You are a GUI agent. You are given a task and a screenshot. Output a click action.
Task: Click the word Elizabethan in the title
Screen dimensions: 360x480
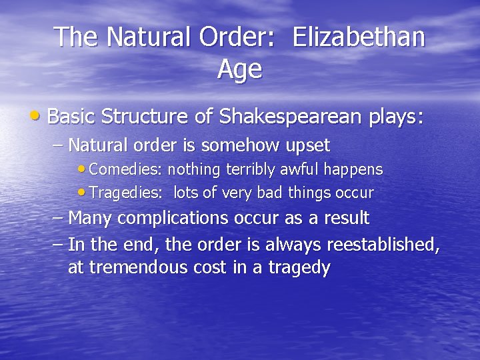359,37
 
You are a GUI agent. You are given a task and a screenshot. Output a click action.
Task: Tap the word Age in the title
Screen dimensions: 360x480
239,68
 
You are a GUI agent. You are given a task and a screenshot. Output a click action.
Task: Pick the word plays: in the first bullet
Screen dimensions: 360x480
396,118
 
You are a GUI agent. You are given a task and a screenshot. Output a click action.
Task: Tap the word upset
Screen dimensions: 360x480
309,145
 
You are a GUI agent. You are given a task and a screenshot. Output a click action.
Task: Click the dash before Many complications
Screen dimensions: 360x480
58,218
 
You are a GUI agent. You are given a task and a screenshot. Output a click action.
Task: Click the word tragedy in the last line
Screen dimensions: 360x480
299,269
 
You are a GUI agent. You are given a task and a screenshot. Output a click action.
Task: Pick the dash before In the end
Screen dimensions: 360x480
58,245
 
